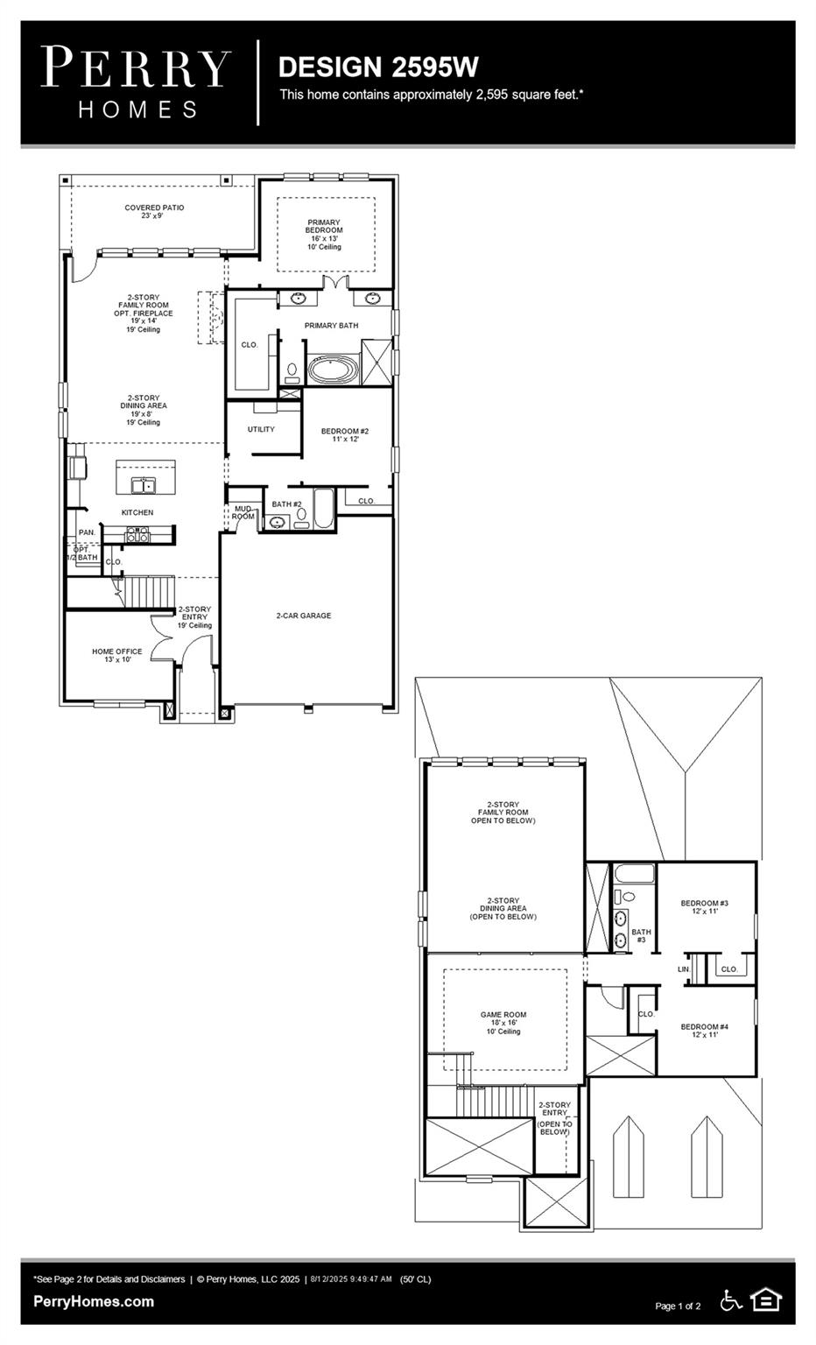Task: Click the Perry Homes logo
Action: (136, 82)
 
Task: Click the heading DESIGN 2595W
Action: (377, 67)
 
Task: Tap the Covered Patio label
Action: (154, 211)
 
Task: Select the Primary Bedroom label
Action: (324, 234)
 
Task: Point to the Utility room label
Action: (261, 429)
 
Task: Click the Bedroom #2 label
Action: (345, 434)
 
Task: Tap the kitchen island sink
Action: (144, 484)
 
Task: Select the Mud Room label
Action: (243, 512)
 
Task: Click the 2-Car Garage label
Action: (304, 616)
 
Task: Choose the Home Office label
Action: (117, 655)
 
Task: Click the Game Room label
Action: (503, 1023)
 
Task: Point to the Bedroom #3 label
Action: (705, 906)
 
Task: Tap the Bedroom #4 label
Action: (705, 1030)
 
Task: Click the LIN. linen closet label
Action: (684, 969)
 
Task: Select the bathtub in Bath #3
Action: (634, 874)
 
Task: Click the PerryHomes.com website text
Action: (94, 1301)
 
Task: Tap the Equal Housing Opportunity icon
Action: (766, 1300)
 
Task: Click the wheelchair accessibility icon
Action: (730, 1300)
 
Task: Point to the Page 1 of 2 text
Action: (678, 1306)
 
